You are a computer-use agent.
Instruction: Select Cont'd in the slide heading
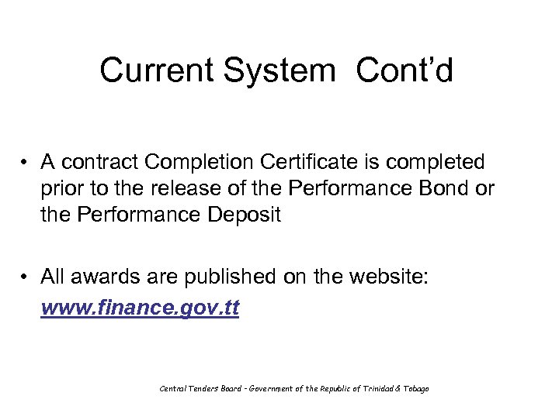[x=404, y=71]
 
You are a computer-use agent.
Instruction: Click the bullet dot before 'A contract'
[x=26, y=163]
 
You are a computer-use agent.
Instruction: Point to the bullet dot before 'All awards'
[x=26, y=277]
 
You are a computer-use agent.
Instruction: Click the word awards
[x=100, y=277]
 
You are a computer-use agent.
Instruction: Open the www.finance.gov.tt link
[x=140, y=308]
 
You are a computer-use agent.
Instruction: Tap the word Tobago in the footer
[x=415, y=388]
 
